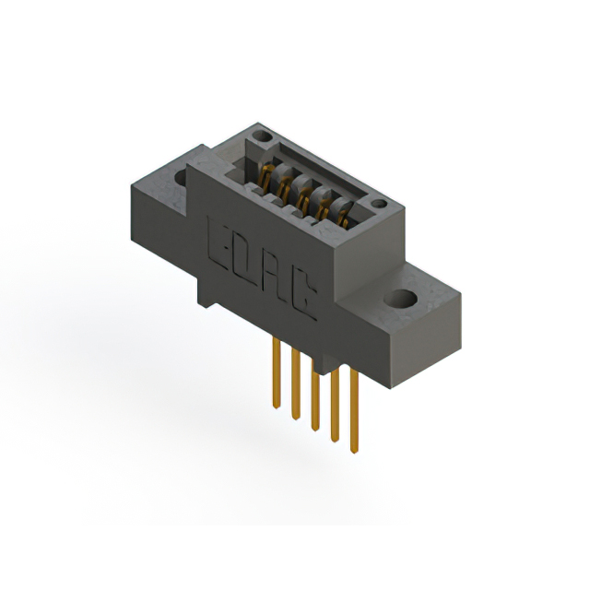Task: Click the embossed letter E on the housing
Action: pyautogui.click(x=221, y=242)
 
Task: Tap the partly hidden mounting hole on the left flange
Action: pyautogui.click(x=179, y=176)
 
